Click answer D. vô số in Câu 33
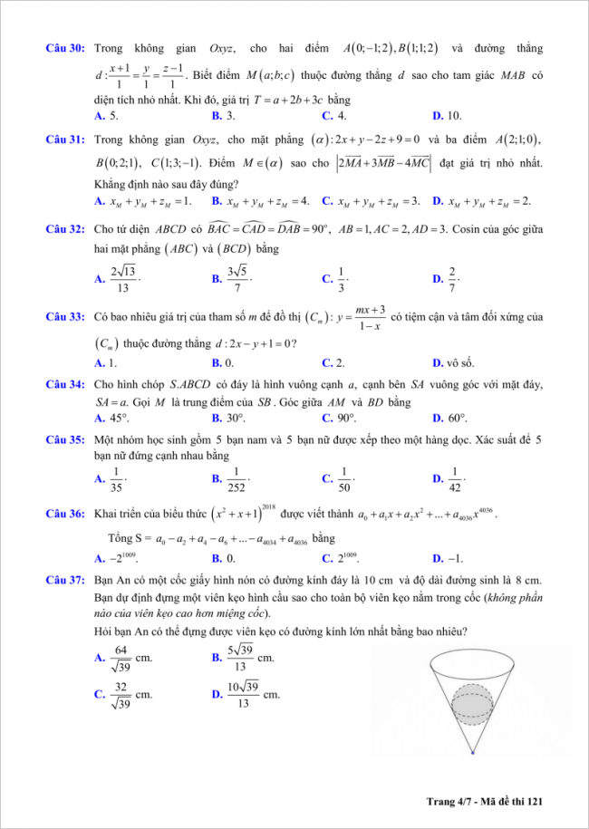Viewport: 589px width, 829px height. [x=454, y=362]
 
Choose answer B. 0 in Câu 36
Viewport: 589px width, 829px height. [x=223, y=558]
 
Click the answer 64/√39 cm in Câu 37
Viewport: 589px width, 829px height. [x=123, y=663]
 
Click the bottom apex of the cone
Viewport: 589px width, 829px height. [x=473, y=752]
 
